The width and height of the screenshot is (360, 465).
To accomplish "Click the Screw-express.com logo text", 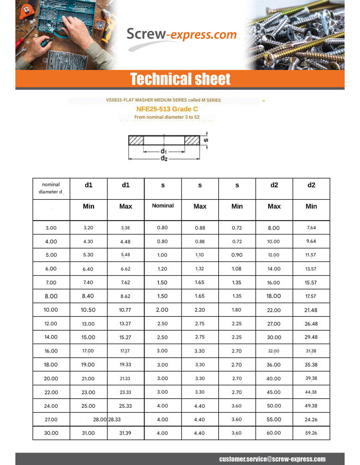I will pos(181,34).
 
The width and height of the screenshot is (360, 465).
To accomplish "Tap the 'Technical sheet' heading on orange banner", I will pos(180,79).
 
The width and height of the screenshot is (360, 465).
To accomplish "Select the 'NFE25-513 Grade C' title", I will pos(167,109).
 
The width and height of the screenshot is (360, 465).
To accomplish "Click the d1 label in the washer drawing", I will pos(164,151).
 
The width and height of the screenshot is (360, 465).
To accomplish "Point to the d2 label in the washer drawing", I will pos(164,159).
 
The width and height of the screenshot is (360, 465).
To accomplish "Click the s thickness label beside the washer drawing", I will pos(206,140).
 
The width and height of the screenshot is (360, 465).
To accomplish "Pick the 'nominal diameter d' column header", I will pos(51,188).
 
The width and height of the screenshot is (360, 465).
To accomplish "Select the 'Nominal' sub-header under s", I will pos(163,206).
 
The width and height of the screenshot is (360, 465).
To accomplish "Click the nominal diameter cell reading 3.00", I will pos(51,228).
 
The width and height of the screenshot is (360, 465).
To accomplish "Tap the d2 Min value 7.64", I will pos(311,228).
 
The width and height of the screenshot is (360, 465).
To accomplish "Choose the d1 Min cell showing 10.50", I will pos(88,310).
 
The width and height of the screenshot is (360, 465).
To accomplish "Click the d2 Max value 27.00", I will pos(274,324).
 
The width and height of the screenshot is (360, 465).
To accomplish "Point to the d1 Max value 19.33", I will pos(125,365).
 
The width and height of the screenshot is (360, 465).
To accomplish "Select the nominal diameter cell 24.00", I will pos(51,406).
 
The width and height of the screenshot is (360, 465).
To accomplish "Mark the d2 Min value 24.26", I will pos(311,420).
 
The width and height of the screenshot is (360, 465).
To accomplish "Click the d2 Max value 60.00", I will pos(274,433).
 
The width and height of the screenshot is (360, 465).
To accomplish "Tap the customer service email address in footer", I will pos(272,459).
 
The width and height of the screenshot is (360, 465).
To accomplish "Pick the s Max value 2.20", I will pos(200,310).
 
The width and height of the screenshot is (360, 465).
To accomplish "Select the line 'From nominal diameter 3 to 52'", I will pos(167,117).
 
